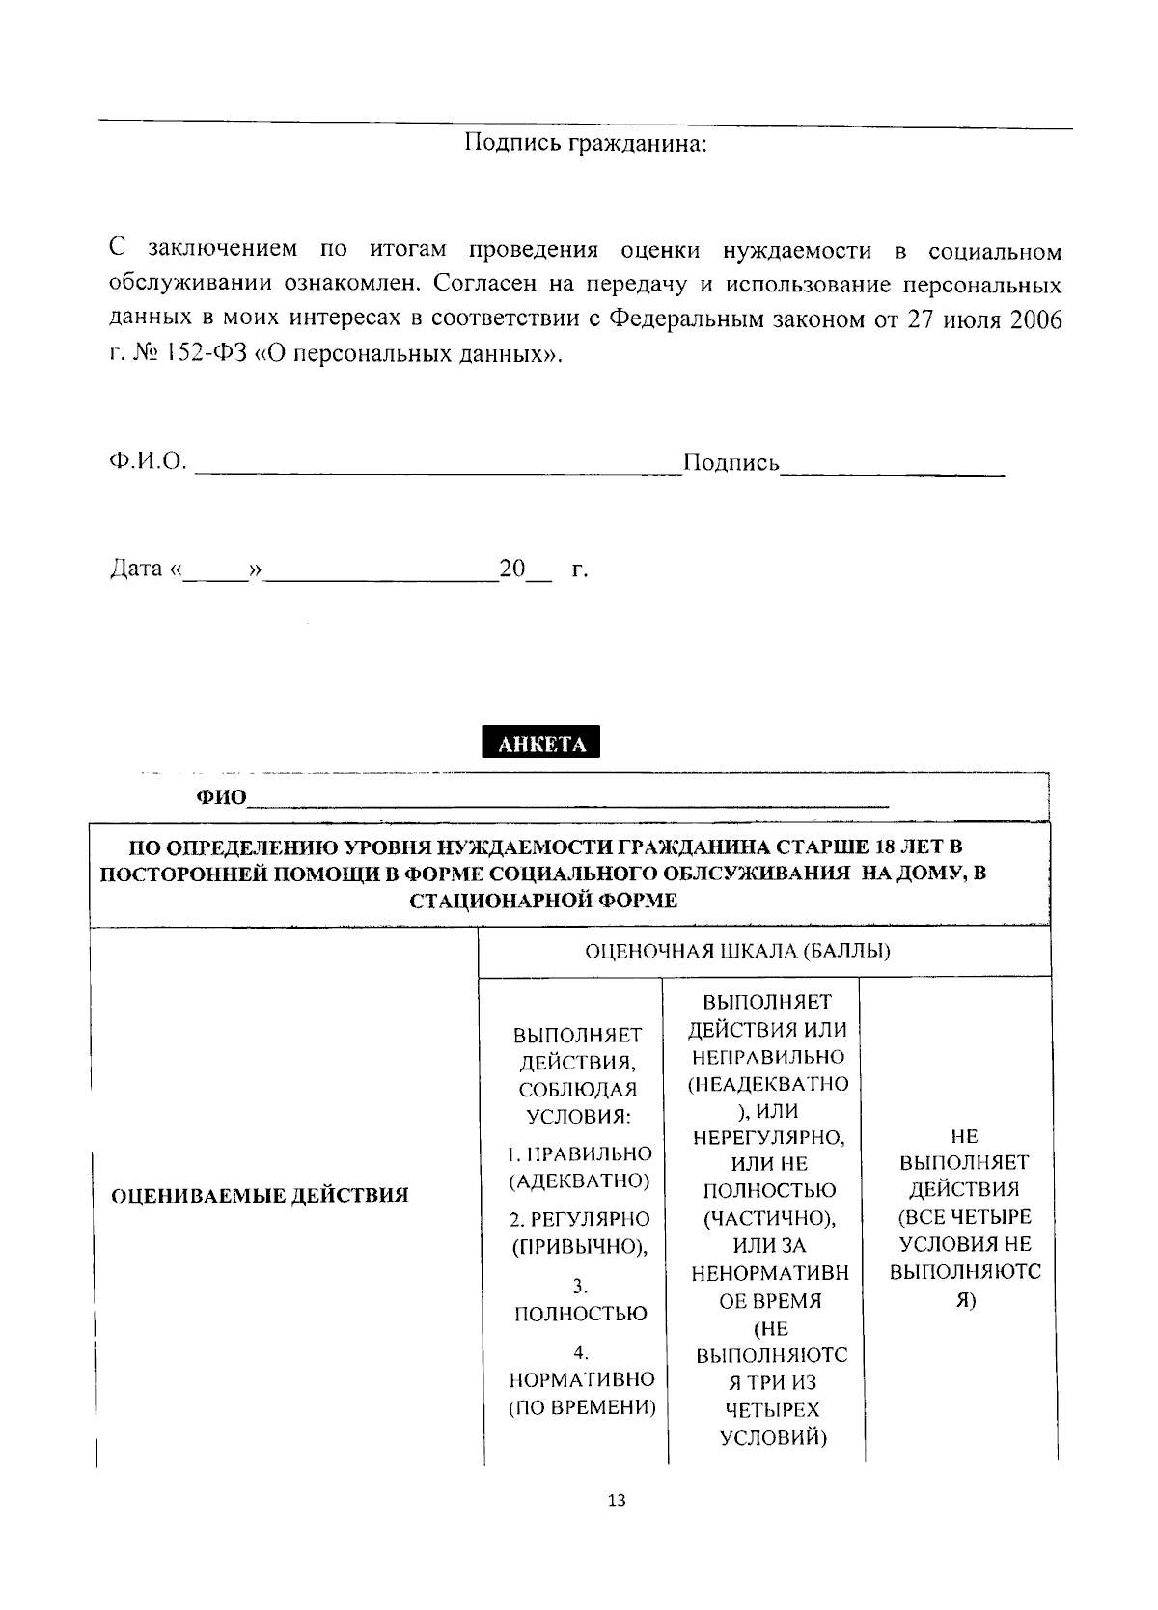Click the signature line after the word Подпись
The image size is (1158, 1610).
[893, 467]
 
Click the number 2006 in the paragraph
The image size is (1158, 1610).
[1035, 319]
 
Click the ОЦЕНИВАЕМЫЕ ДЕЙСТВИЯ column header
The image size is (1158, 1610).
[261, 1196]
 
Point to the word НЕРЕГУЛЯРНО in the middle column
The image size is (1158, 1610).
[769, 1138]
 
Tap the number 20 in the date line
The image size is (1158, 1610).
[511, 569]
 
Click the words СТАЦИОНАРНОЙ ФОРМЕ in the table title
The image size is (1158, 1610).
[543, 902]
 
